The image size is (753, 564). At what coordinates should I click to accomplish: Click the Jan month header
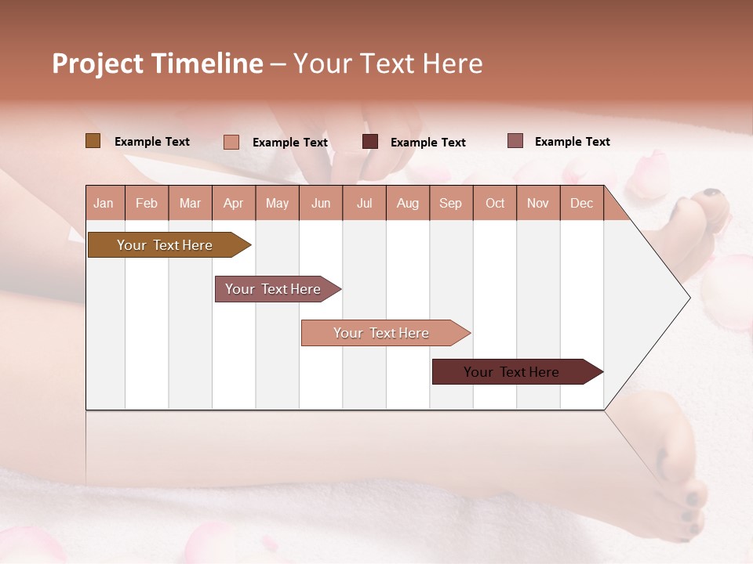[104, 204]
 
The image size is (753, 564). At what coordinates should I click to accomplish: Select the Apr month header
[233, 204]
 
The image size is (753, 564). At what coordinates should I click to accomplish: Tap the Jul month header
[364, 204]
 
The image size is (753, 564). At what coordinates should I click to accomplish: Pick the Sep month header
[450, 204]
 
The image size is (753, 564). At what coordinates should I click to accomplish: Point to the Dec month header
[581, 204]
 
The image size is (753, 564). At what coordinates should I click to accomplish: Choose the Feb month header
[147, 204]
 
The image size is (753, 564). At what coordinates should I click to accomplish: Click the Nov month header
[538, 204]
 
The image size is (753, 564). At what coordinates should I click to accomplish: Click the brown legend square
[93, 141]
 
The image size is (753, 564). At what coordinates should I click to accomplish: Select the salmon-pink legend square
[231, 142]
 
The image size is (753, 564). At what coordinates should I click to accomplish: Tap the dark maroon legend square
[370, 142]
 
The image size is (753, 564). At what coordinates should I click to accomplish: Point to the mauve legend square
[515, 141]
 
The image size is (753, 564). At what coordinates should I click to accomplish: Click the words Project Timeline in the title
[158, 63]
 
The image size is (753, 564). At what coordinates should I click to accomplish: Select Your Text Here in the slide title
[387, 63]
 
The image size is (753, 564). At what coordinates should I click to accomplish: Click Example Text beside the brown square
[152, 142]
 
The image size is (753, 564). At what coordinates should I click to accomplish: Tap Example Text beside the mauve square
[572, 142]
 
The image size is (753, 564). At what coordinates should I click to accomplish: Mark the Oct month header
[495, 204]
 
